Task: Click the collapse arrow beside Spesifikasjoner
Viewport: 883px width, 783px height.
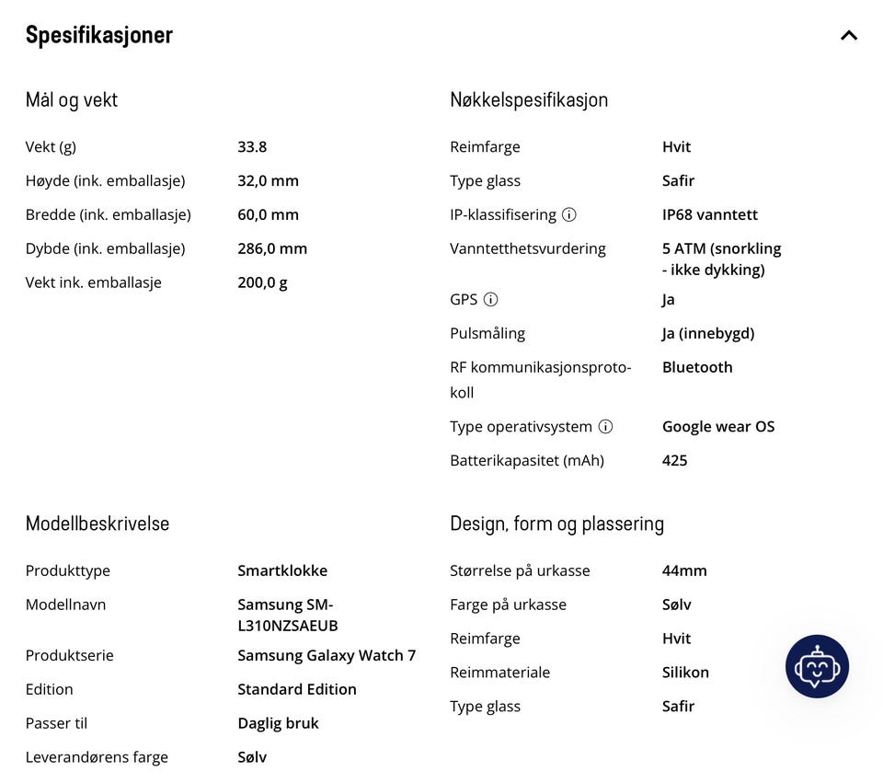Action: coord(848,36)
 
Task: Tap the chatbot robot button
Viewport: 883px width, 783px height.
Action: coord(817,666)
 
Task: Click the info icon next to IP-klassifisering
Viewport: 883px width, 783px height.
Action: coord(569,214)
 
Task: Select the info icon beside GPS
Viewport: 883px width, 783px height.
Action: coord(491,299)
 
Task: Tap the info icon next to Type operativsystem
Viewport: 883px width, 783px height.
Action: coord(605,426)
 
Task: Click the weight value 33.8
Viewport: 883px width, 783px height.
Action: coord(252,146)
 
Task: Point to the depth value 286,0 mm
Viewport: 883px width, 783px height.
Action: coord(272,248)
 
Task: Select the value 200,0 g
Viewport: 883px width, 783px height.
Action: coord(262,282)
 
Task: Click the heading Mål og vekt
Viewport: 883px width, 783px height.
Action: coord(72,99)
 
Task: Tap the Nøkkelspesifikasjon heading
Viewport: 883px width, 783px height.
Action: coord(529,99)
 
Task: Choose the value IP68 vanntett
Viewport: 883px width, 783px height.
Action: coord(710,214)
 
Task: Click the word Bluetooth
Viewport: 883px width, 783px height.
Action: coord(697,367)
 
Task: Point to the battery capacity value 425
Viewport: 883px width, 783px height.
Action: coord(674,460)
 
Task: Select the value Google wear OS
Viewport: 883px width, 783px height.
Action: coord(718,426)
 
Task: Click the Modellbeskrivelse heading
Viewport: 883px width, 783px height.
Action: coord(97,524)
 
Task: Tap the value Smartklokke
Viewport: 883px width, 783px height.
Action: coord(282,570)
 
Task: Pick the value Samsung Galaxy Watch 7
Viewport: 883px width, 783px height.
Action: coord(327,655)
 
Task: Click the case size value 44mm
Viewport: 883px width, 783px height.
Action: coord(684,570)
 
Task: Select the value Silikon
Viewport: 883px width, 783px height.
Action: coord(685,673)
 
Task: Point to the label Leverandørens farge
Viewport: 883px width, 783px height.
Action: coord(97,757)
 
